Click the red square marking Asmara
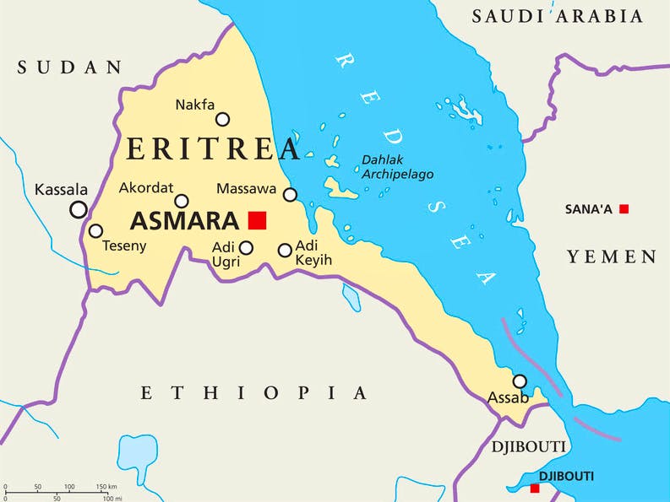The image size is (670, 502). point(257,220)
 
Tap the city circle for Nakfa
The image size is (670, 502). point(222,119)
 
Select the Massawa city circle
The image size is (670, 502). point(290,195)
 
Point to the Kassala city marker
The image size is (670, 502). point(79,209)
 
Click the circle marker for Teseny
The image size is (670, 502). point(96,230)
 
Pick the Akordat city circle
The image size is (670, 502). point(182,201)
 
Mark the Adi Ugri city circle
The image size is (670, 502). point(246,247)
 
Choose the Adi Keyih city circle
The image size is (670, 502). point(285,250)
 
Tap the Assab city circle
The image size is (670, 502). point(520,381)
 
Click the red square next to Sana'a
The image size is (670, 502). point(624,208)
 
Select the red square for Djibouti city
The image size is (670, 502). point(534,489)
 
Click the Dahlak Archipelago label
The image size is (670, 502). point(397,166)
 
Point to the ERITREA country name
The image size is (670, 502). point(213,149)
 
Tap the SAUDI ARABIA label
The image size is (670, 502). point(557,16)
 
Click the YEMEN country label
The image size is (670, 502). point(612,256)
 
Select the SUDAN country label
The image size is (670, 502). point(70,67)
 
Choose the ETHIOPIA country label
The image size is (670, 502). point(254,392)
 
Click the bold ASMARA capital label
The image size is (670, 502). point(184,221)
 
